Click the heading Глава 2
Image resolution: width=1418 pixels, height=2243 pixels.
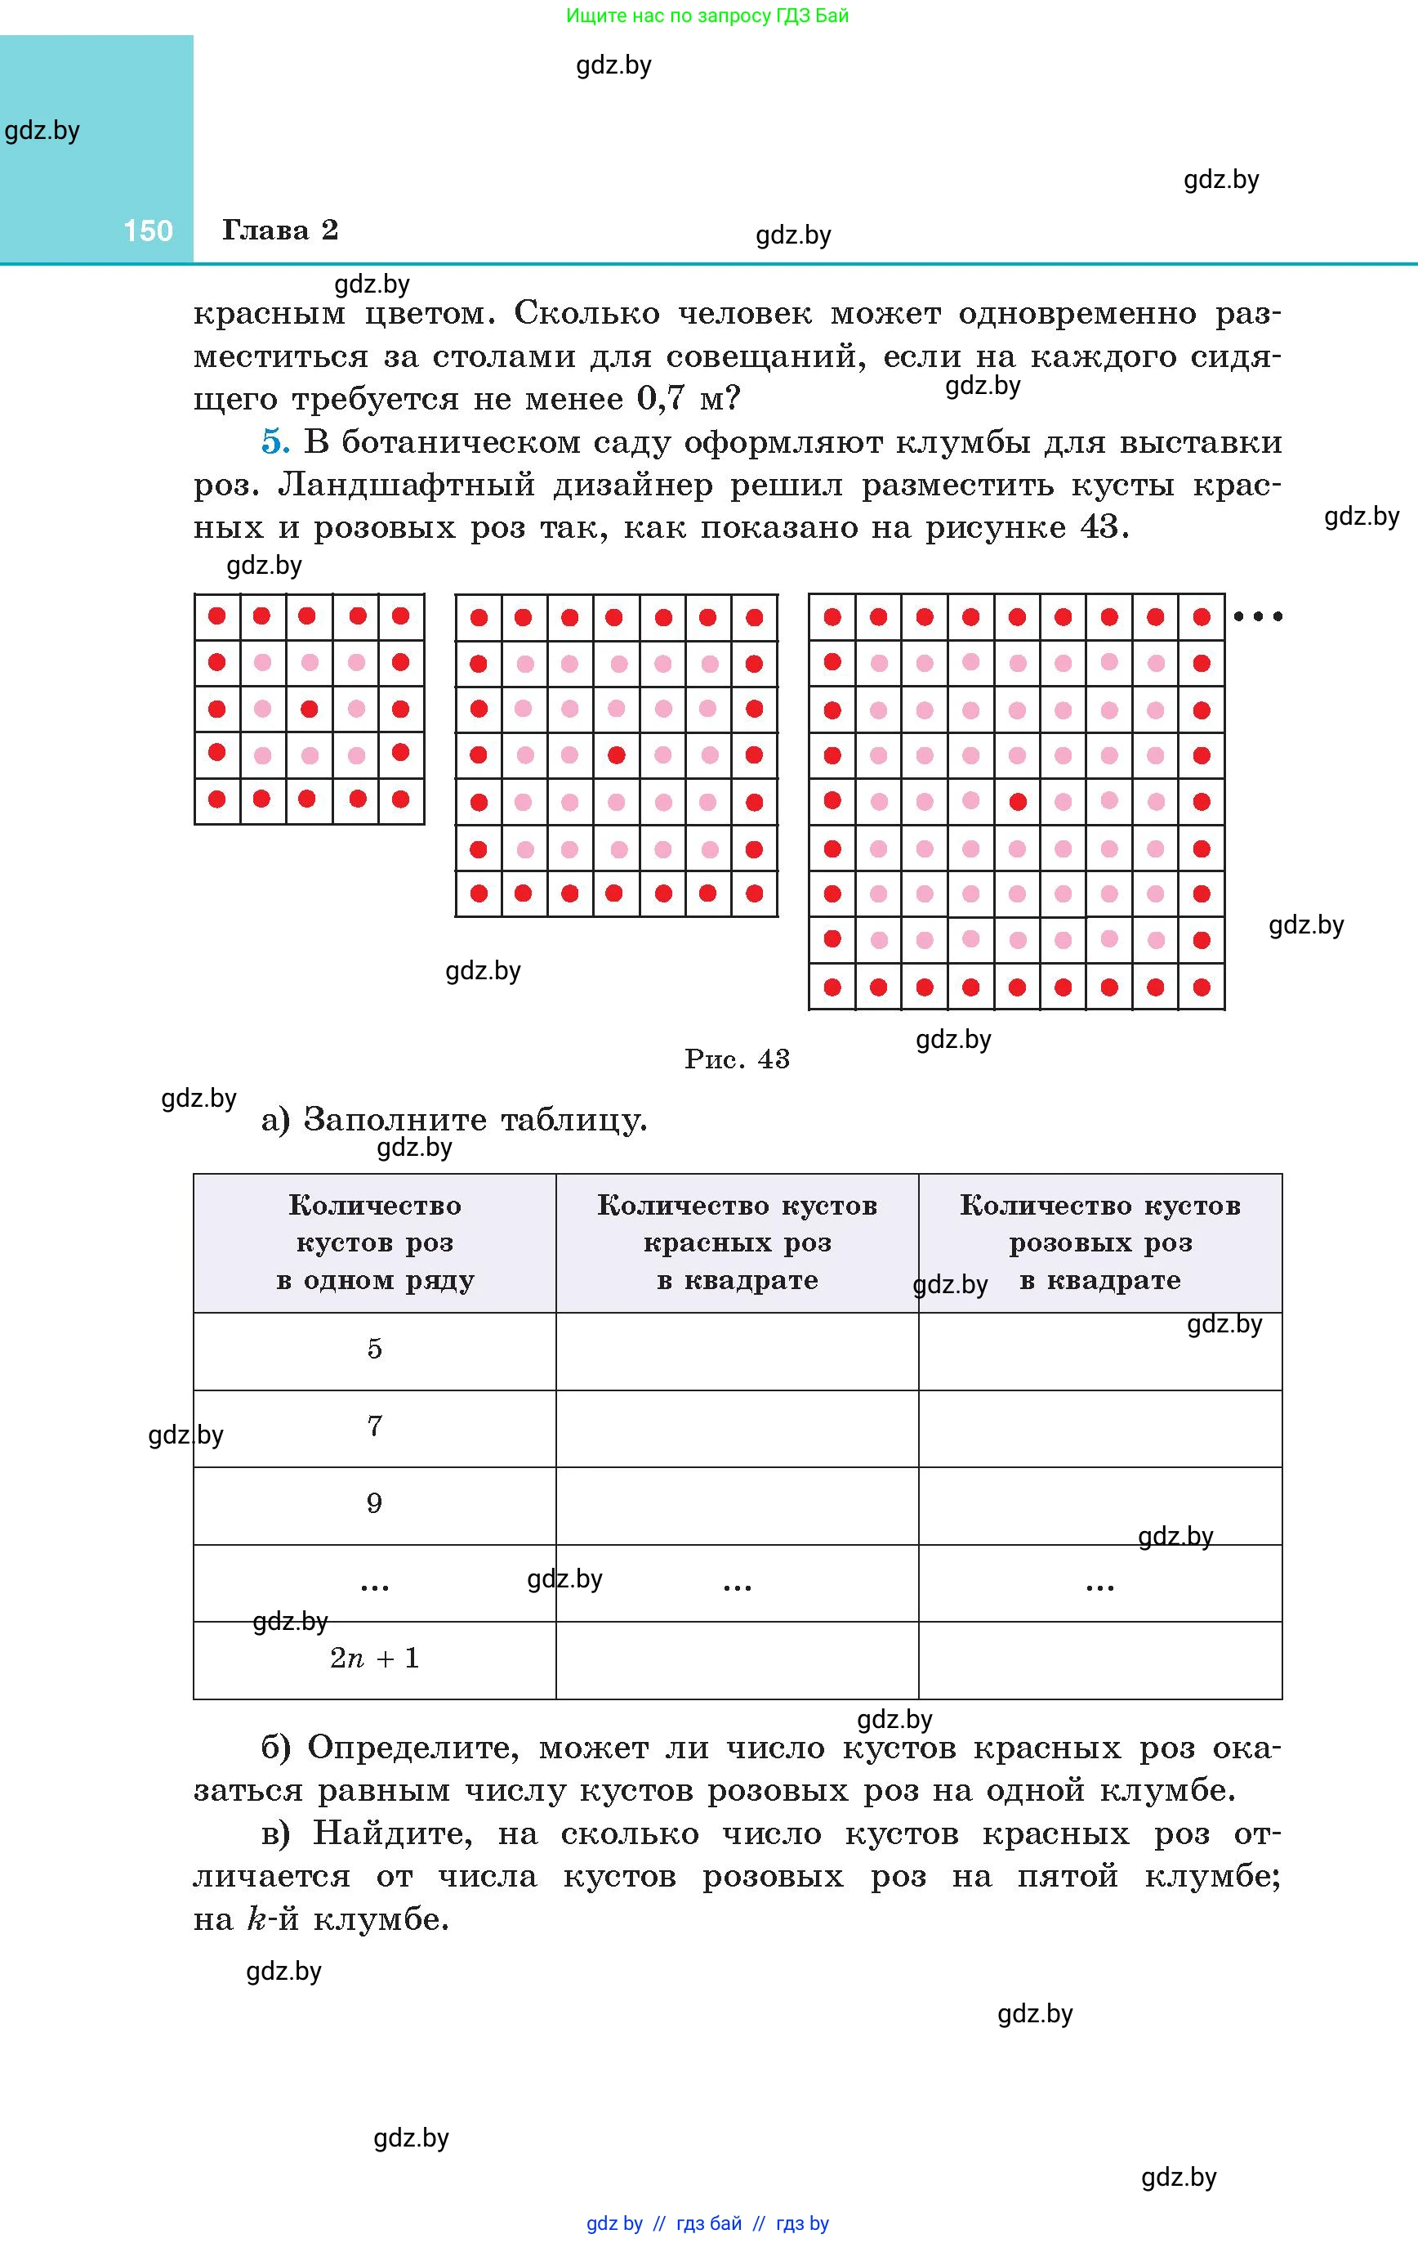point(279,230)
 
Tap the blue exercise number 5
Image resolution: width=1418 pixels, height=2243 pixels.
point(274,441)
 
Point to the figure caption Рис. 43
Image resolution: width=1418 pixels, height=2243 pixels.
point(737,1059)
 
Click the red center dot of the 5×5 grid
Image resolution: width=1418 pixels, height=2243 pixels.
point(309,709)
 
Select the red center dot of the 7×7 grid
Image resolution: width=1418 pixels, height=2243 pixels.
point(615,755)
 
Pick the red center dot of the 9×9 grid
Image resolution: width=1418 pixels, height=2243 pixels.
point(1018,801)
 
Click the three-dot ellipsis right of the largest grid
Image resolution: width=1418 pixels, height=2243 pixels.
point(1258,616)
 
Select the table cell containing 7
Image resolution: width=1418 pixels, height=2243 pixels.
point(374,1426)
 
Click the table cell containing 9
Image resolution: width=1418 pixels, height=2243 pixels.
point(374,1503)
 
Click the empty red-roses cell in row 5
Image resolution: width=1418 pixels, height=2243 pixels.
point(737,1350)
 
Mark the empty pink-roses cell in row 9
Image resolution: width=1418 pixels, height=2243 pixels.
point(1099,1504)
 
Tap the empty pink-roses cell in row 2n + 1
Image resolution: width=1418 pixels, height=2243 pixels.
point(1099,1659)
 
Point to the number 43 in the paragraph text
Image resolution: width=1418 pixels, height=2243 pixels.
point(1099,527)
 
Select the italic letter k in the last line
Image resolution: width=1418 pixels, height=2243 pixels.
point(256,1918)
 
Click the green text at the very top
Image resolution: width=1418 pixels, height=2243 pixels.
point(707,16)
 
